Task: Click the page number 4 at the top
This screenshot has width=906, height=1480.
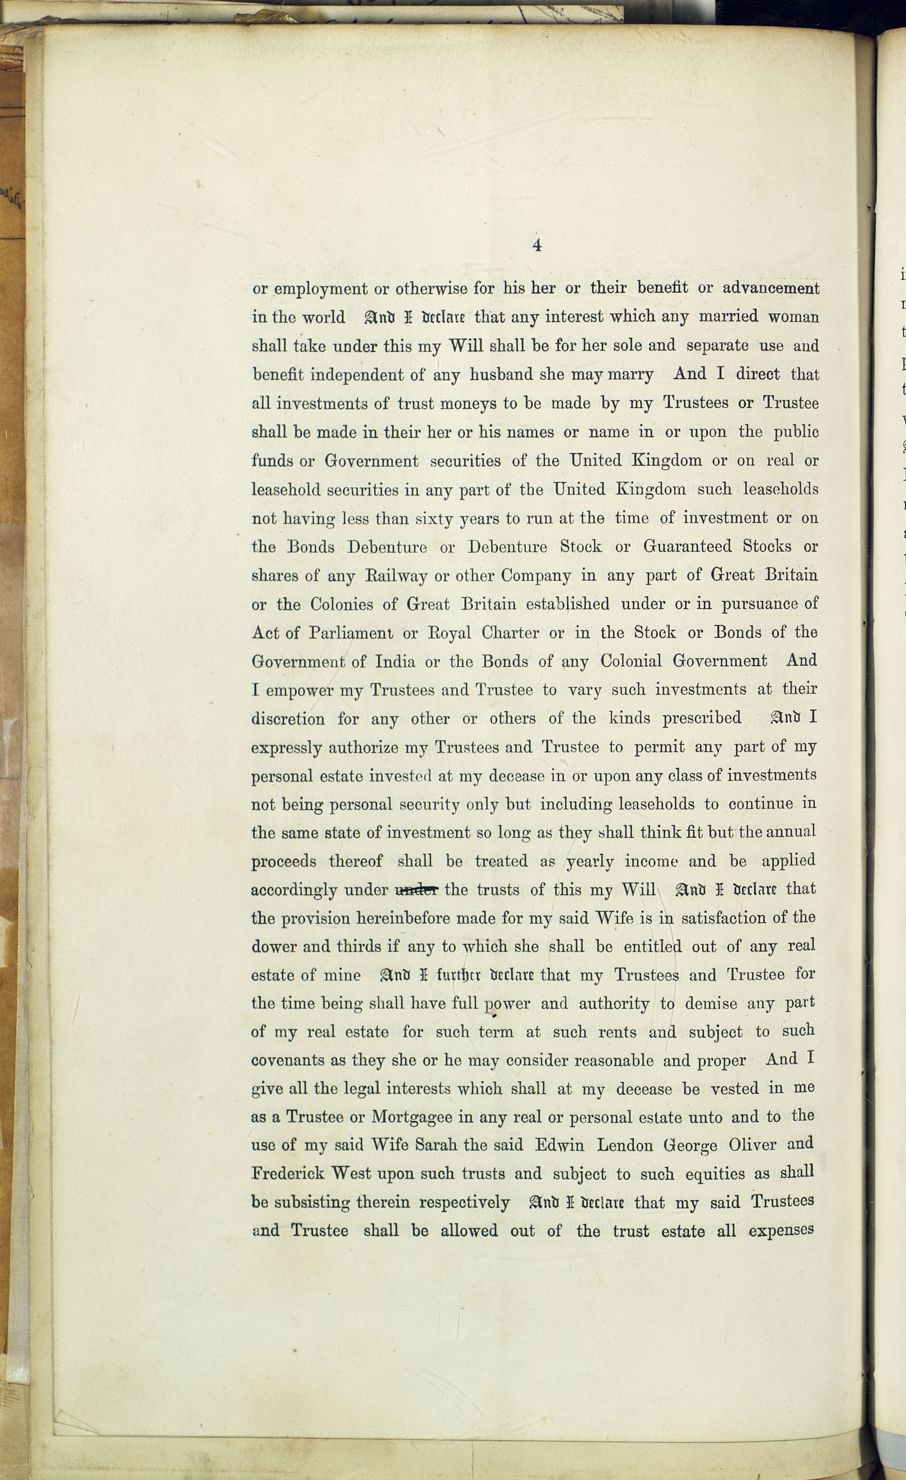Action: coord(537,245)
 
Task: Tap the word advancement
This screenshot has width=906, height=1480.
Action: coord(770,288)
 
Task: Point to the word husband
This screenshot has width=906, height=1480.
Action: coord(501,375)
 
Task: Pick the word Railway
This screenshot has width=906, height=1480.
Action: coord(396,576)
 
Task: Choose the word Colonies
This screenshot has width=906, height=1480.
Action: coord(341,604)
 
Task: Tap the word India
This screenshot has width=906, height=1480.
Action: coord(395,662)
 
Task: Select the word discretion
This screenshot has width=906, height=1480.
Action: coord(288,719)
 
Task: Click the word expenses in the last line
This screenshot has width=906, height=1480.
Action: coord(781,1231)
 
